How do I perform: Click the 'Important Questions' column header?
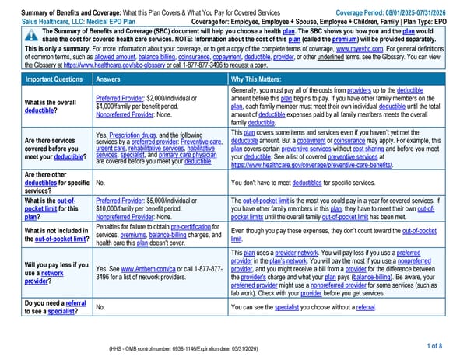click(48, 79)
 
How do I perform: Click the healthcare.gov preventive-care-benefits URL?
click(311, 166)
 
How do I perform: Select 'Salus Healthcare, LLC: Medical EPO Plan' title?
click(68, 21)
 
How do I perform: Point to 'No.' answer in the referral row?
click(100, 308)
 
